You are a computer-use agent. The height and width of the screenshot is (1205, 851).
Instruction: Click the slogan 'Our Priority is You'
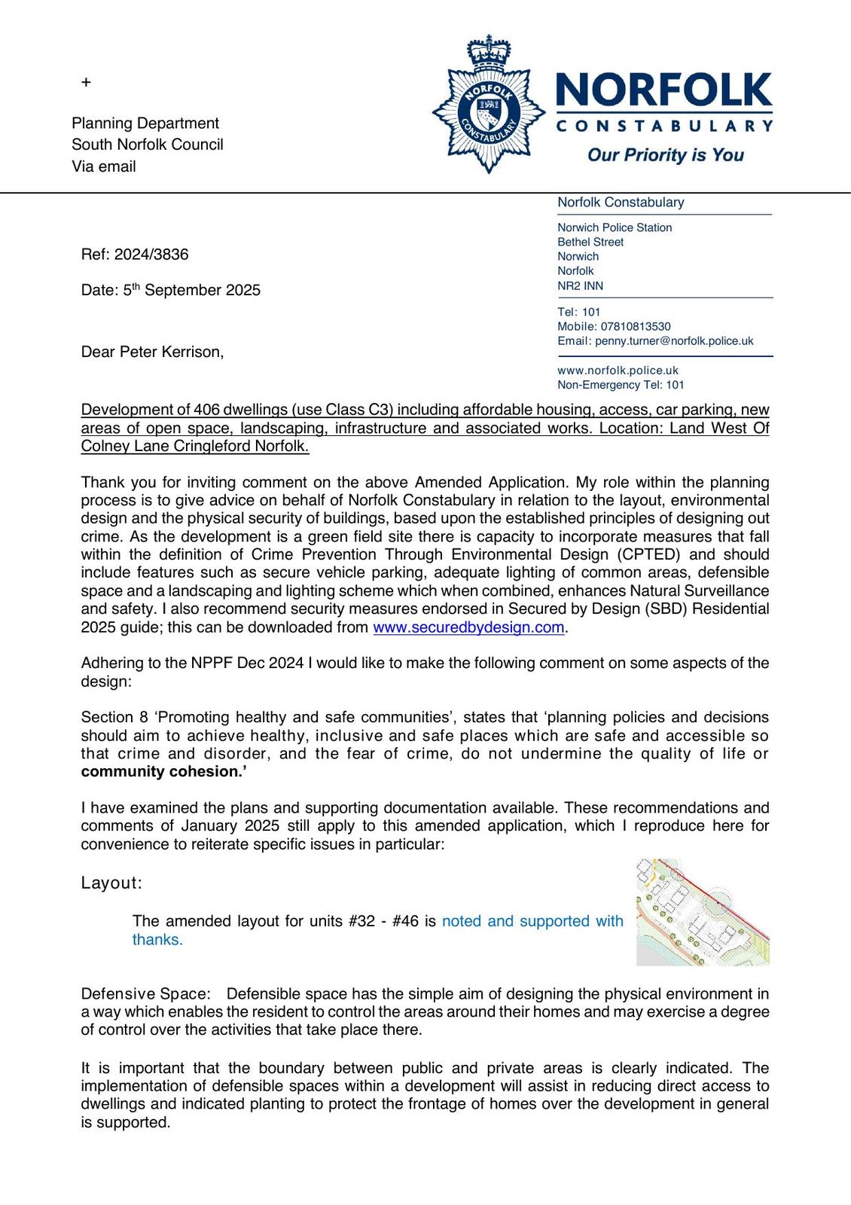point(665,155)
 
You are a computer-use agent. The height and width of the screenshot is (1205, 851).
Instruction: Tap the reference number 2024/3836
point(151,255)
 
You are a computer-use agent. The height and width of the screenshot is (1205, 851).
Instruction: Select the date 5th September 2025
point(192,291)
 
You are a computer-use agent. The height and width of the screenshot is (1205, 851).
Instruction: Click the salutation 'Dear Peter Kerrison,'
point(152,352)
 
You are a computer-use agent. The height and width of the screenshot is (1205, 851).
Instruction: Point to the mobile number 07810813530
point(636,326)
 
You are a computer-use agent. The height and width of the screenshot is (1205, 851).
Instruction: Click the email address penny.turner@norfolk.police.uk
point(674,341)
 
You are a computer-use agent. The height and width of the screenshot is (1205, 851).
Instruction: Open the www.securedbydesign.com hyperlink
point(468,627)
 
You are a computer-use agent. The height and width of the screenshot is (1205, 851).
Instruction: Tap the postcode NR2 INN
point(580,285)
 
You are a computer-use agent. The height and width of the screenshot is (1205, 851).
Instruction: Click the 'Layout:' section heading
point(111,883)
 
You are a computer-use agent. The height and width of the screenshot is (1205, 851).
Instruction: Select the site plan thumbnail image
point(702,912)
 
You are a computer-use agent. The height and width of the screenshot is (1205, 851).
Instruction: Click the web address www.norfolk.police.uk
point(618,371)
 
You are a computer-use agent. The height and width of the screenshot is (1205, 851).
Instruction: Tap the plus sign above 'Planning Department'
point(86,82)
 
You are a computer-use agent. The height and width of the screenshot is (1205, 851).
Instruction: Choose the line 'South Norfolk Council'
point(148,145)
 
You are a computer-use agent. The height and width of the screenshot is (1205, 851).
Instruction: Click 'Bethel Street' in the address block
point(590,242)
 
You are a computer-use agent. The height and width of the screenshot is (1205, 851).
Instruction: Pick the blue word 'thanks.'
point(157,939)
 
